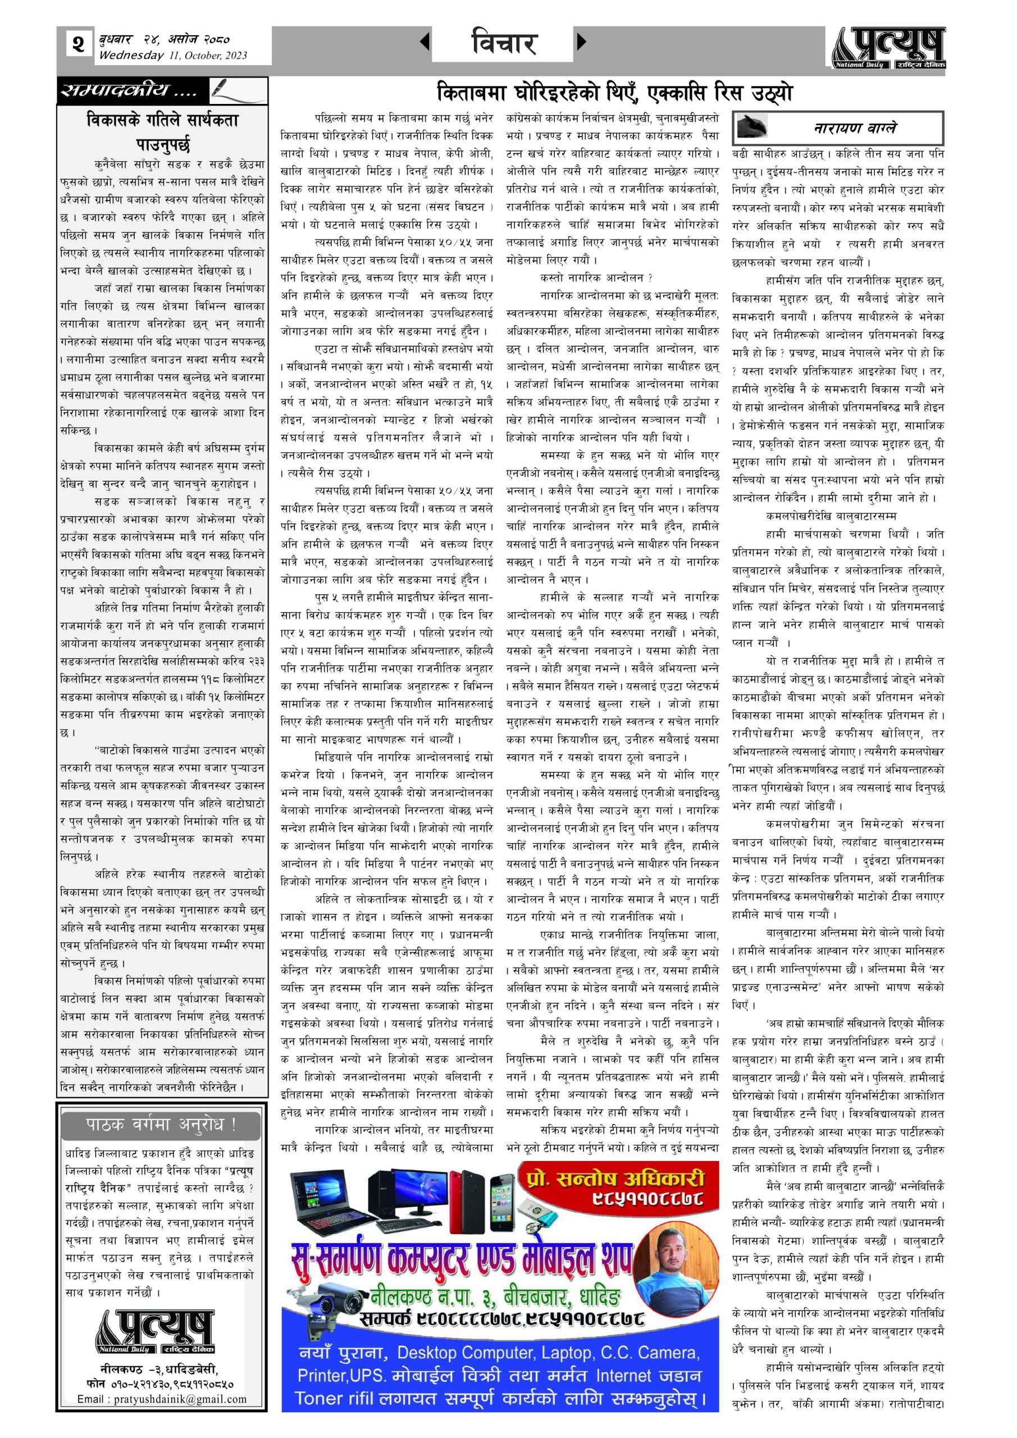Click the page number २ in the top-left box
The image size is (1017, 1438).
[77, 44]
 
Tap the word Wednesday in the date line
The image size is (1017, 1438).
[131, 55]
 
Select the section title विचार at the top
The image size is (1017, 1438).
[504, 44]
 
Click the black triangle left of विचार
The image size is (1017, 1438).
[425, 42]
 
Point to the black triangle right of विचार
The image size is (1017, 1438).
[581, 42]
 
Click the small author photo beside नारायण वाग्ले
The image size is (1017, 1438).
[754, 126]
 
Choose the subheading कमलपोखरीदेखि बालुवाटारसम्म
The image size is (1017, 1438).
[831, 516]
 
